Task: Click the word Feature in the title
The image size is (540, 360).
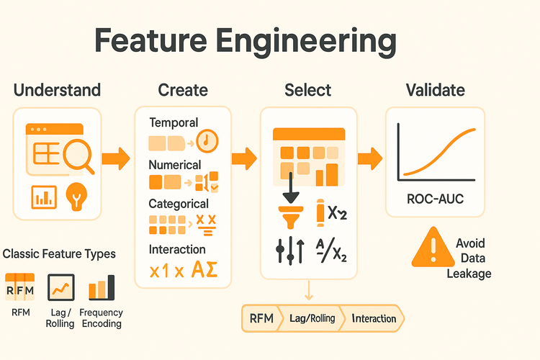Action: (x=150, y=40)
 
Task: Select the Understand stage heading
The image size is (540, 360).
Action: (x=57, y=90)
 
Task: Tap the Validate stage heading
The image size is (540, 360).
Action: (x=436, y=90)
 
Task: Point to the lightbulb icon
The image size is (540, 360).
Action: (x=76, y=197)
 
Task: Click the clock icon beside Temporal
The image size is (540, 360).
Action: (x=207, y=141)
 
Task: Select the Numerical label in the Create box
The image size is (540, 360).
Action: (x=175, y=165)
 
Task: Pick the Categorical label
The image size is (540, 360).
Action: (x=179, y=204)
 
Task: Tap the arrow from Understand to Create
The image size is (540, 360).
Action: (x=116, y=159)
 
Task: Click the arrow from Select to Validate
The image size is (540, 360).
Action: (x=370, y=159)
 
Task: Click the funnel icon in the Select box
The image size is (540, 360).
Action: (x=291, y=217)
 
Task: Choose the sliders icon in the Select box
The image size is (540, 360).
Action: (x=290, y=251)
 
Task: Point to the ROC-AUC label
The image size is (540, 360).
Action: (x=436, y=199)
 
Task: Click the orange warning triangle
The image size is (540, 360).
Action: (x=433, y=248)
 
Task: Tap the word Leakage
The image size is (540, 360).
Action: (x=469, y=274)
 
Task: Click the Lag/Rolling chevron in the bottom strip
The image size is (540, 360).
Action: (x=312, y=318)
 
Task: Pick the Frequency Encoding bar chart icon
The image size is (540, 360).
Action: (x=102, y=287)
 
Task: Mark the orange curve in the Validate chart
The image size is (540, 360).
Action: (x=439, y=152)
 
